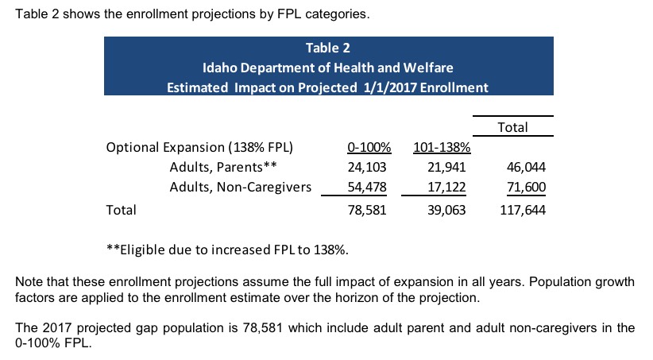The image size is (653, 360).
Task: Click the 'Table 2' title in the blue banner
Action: coord(328,48)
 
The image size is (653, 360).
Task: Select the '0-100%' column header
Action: coord(369,148)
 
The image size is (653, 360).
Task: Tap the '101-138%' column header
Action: coord(442,148)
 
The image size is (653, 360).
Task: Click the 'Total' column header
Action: coord(512,127)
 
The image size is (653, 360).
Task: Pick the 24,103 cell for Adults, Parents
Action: coord(367,167)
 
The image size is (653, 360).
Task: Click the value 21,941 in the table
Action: coord(446,167)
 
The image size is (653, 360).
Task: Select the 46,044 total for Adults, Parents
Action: coord(526,167)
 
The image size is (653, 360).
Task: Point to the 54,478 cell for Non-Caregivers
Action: coord(367,187)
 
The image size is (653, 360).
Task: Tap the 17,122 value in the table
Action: coord(446,187)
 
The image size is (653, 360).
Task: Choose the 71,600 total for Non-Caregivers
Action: coord(526,187)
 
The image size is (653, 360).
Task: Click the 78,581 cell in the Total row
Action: coord(367,210)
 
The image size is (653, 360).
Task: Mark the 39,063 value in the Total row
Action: coord(446,210)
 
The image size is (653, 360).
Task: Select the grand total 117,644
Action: coord(523,210)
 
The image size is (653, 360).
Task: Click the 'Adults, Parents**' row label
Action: coord(223,167)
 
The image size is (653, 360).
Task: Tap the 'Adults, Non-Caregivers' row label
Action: coord(240,187)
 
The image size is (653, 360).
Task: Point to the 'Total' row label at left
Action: coord(122,210)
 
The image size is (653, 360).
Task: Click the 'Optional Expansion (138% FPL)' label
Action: coord(199,148)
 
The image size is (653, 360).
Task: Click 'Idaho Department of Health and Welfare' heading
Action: coord(328,68)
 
